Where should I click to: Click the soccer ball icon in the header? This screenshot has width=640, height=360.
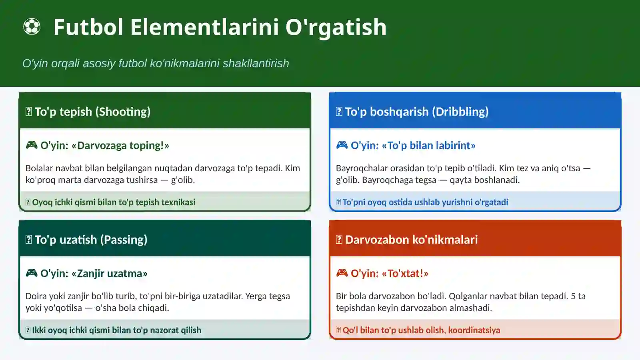(32, 27)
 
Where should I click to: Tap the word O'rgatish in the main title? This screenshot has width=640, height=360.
(336, 27)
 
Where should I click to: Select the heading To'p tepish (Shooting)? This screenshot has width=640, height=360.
(92, 112)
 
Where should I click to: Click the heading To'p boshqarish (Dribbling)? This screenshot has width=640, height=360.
(416, 112)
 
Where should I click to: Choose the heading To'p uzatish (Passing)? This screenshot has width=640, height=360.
(91, 240)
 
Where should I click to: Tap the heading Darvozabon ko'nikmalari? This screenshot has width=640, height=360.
(411, 240)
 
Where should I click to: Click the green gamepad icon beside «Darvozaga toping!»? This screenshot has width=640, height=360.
(32, 145)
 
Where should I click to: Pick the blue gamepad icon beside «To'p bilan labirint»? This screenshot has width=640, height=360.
(342, 145)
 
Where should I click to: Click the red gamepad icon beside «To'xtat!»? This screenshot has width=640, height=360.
(342, 273)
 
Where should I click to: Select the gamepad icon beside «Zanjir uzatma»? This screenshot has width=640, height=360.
(32, 273)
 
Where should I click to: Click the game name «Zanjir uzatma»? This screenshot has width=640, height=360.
(110, 273)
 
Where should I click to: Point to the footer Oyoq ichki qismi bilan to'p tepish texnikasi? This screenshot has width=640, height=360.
(114, 202)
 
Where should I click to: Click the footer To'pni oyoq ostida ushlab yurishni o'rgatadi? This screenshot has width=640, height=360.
(425, 202)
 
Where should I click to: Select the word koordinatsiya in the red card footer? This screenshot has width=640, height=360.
(474, 330)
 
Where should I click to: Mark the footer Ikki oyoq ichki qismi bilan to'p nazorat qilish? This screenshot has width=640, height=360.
(116, 330)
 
